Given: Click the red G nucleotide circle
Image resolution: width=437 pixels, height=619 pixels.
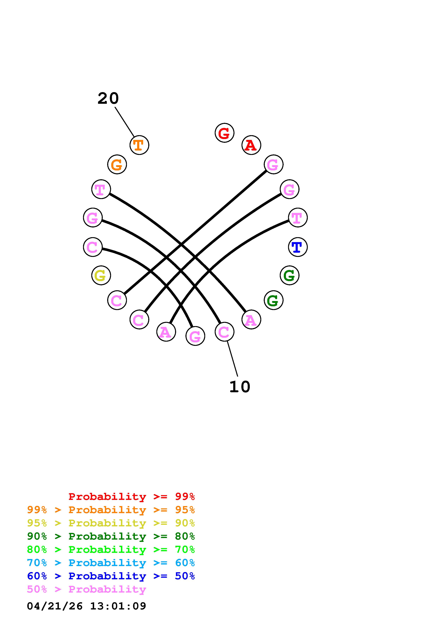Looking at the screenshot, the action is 224,133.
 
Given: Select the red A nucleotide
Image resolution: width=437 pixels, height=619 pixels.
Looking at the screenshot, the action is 251,145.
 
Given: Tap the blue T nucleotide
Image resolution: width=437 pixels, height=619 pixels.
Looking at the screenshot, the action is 298,247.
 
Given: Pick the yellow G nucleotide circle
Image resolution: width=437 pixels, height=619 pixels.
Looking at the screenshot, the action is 101,275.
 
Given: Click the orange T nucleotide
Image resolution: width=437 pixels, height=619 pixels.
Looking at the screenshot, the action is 139,145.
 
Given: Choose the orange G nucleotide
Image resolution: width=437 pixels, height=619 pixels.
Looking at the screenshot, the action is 117,164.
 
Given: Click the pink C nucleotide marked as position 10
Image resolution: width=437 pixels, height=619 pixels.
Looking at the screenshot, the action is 224,332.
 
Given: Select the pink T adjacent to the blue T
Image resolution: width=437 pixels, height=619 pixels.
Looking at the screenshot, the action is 298,218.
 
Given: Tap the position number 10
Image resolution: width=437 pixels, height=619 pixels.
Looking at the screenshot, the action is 240,387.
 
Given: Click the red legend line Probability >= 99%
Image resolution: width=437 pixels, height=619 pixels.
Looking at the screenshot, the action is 132,497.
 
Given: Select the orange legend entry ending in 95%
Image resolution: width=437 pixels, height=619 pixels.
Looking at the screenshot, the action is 111,510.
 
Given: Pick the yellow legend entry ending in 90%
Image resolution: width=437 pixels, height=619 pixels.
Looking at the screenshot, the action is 111,523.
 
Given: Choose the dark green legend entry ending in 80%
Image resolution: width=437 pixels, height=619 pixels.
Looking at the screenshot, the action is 111,536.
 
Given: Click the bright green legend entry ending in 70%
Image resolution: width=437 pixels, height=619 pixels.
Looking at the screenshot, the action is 111,549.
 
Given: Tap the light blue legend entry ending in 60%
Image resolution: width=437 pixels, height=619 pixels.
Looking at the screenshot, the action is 111,563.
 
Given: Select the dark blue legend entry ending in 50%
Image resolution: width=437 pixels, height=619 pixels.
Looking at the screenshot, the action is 111,576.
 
